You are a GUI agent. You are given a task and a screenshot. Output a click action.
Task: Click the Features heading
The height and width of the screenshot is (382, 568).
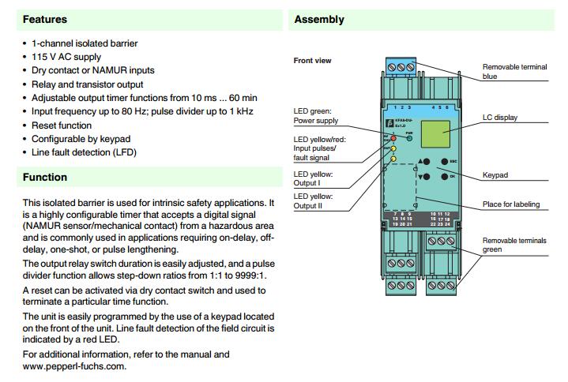[x=45, y=19]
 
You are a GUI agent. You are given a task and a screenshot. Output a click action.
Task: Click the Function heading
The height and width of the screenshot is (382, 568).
[x=45, y=178]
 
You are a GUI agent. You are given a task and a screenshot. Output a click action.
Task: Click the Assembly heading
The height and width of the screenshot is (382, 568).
[x=319, y=19]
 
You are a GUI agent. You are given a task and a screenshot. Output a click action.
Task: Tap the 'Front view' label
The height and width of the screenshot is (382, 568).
[x=312, y=60]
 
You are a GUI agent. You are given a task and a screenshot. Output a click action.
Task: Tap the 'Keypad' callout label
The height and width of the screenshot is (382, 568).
[x=495, y=174]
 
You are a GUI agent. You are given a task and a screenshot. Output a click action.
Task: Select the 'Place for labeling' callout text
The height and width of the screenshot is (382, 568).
[x=511, y=204]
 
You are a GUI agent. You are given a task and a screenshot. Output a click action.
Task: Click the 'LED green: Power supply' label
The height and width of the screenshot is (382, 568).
[x=316, y=117]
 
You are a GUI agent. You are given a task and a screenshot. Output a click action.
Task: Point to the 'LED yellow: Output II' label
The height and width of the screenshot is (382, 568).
[x=314, y=200]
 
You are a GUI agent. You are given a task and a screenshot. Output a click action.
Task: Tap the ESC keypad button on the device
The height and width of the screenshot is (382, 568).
[x=443, y=160]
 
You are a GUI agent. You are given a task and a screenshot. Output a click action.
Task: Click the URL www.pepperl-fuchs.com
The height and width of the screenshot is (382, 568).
[x=74, y=367]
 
